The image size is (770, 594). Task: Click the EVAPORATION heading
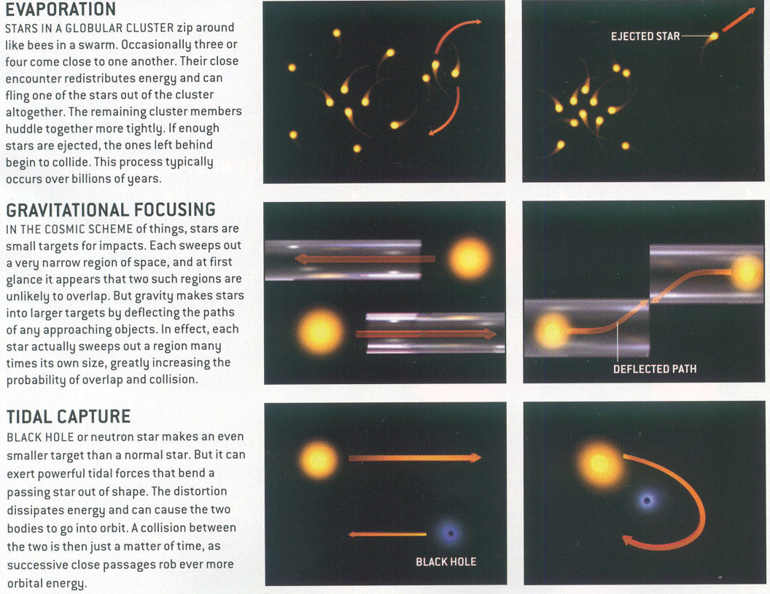[x=61, y=9]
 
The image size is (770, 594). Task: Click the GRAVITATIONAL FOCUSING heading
[x=111, y=210]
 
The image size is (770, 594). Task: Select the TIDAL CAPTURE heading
[x=69, y=416]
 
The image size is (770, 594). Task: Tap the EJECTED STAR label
[x=645, y=36]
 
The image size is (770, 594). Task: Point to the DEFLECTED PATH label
[x=655, y=369]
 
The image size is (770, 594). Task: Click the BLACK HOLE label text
[x=446, y=562]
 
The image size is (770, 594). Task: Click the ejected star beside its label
[x=715, y=36]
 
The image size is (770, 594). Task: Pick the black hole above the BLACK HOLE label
[x=450, y=534]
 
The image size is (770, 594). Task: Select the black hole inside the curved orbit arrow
[x=647, y=501]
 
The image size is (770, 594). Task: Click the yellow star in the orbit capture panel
[x=599, y=463]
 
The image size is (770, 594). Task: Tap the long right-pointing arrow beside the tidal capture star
[x=415, y=458]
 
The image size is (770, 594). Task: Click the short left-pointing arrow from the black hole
[x=387, y=534]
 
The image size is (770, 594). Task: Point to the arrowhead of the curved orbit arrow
[x=629, y=541]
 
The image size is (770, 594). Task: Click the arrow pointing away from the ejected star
[x=739, y=20]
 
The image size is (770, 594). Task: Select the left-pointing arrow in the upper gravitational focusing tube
[x=365, y=259]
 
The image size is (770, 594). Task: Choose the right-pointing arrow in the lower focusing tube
[x=427, y=335]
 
